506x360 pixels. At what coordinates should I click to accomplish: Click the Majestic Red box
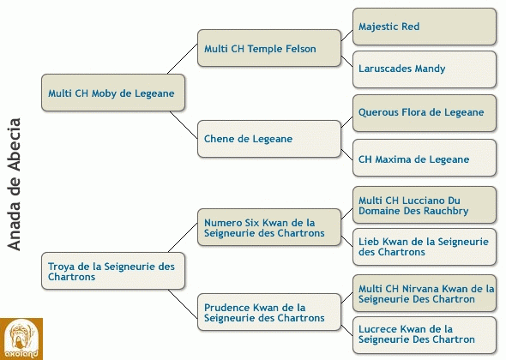(x=425, y=27)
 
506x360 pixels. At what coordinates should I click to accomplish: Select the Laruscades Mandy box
(x=425, y=69)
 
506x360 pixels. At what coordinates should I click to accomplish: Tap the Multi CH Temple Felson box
(x=269, y=48)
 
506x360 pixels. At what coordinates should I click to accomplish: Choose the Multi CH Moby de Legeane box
(x=113, y=93)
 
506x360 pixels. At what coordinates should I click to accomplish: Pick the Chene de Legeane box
(x=269, y=139)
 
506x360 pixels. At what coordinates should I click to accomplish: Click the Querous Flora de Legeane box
(x=425, y=113)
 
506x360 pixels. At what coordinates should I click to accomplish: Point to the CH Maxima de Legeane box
(x=425, y=158)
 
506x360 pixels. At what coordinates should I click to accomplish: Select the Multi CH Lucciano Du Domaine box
(x=425, y=205)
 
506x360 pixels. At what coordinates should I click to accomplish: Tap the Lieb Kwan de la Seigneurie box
(x=425, y=247)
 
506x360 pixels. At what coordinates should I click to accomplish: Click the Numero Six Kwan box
(x=269, y=227)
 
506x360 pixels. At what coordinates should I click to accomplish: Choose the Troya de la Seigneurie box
(x=113, y=271)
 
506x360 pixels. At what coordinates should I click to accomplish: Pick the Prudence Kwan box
(x=269, y=312)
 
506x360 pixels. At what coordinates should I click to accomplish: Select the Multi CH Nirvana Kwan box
(x=425, y=293)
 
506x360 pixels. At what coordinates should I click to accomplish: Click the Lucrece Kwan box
(x=425, y=335)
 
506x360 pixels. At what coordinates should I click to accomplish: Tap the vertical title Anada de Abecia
(x=15, y=184)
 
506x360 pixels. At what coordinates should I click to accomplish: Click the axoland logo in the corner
(x=21, y=339)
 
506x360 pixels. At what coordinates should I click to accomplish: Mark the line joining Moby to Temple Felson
(x=183, y=59)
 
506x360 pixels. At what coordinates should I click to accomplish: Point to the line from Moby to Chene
(x=184, y=125)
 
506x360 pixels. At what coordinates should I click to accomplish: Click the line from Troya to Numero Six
(x=183, y=237)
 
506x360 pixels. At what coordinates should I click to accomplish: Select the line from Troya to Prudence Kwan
(x=183, y=304)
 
